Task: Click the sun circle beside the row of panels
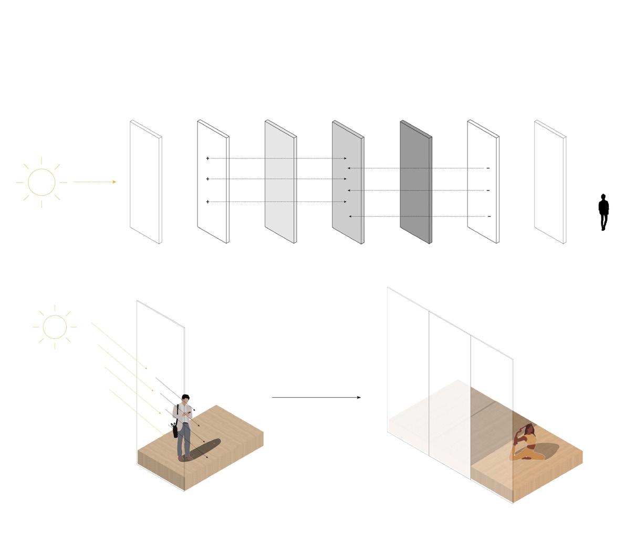point(41,182)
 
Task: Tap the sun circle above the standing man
point(55,327)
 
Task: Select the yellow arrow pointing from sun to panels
point(95,182)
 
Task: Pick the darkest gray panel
point(415,182)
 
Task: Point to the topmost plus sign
point(208,158)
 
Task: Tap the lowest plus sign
point(208,202)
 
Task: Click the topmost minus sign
point(488,168)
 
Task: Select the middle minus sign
point(488,190)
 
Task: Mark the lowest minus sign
point(489,216)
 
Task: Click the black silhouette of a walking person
point(603,212)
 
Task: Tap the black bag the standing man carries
point(174,430)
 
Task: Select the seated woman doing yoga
point(524,443)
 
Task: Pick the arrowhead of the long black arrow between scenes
point(359,398)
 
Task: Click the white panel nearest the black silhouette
point(549,182)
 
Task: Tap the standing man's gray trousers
point(184,440)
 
